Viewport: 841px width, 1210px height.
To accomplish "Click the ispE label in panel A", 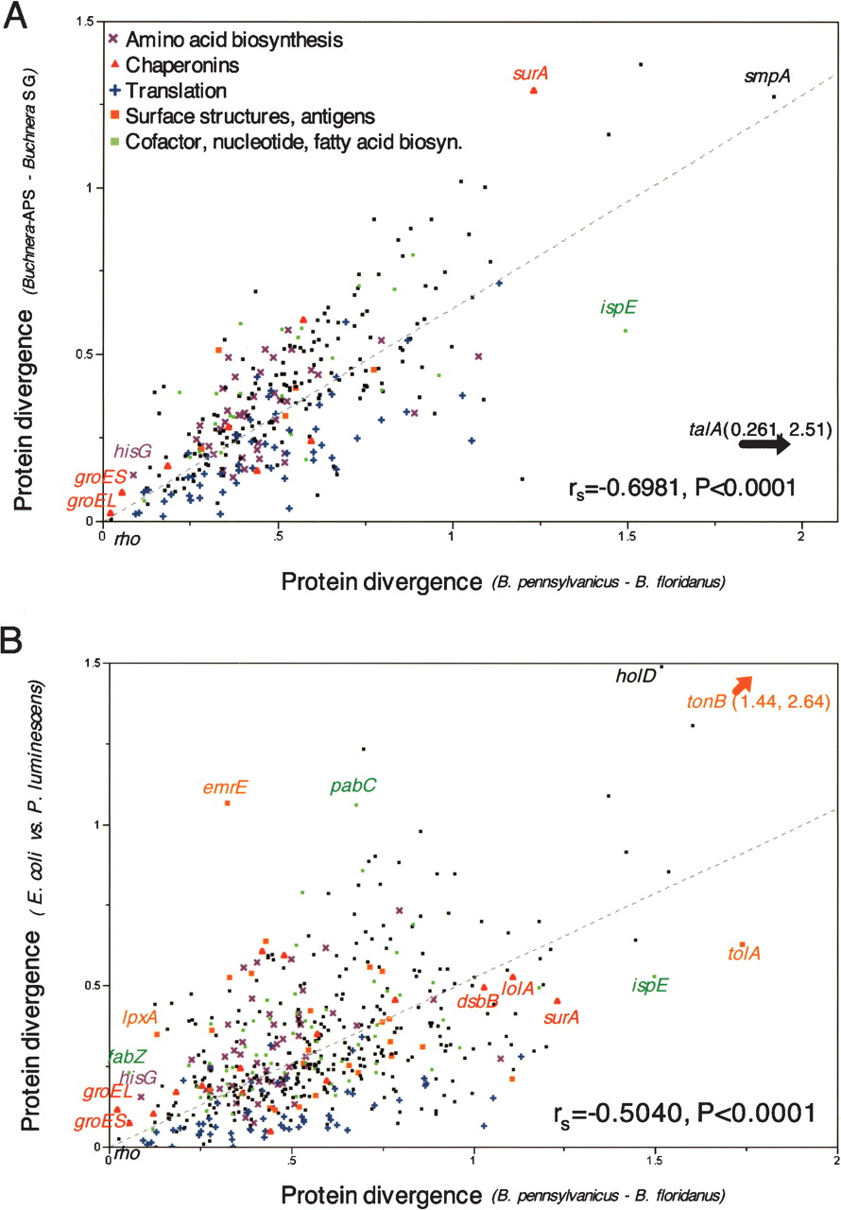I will coord(618,307).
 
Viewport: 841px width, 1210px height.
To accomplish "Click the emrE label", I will coord(225,786).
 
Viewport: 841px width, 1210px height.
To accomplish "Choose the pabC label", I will coord(353,786).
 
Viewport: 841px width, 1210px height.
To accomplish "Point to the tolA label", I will coord(744,954).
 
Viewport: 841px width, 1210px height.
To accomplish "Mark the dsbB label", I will coord(478,1000).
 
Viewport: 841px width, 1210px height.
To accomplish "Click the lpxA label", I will coord(140,1017).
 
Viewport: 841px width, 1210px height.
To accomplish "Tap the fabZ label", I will coord(127,1056).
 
